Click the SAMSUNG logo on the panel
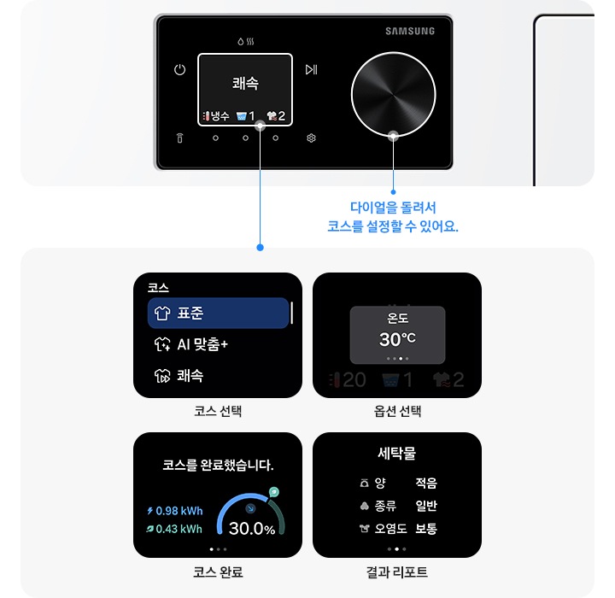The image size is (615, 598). point(410,32)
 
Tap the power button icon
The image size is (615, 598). point(179,70)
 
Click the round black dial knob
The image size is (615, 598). point(394,93)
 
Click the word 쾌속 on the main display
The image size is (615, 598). point(245,83)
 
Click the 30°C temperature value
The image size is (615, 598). point(397,339)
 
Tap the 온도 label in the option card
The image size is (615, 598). point(397,318)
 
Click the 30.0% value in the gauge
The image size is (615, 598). point(252,530)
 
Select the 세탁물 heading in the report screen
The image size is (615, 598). point(397,454)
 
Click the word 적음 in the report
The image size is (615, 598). point(426,484)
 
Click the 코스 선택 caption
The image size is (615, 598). point(218,412)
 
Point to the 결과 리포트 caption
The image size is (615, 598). point(397,572)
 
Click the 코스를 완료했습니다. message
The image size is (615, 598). point(218,466)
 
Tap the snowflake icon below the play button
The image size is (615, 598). point(311,138)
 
